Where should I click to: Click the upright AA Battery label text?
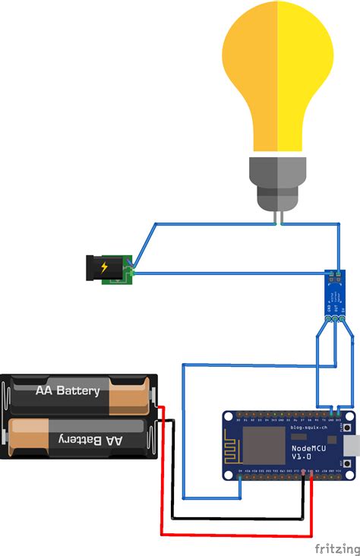[68, 391]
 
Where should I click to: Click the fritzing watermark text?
[335, 547]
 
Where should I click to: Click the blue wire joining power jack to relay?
[228, 273]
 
